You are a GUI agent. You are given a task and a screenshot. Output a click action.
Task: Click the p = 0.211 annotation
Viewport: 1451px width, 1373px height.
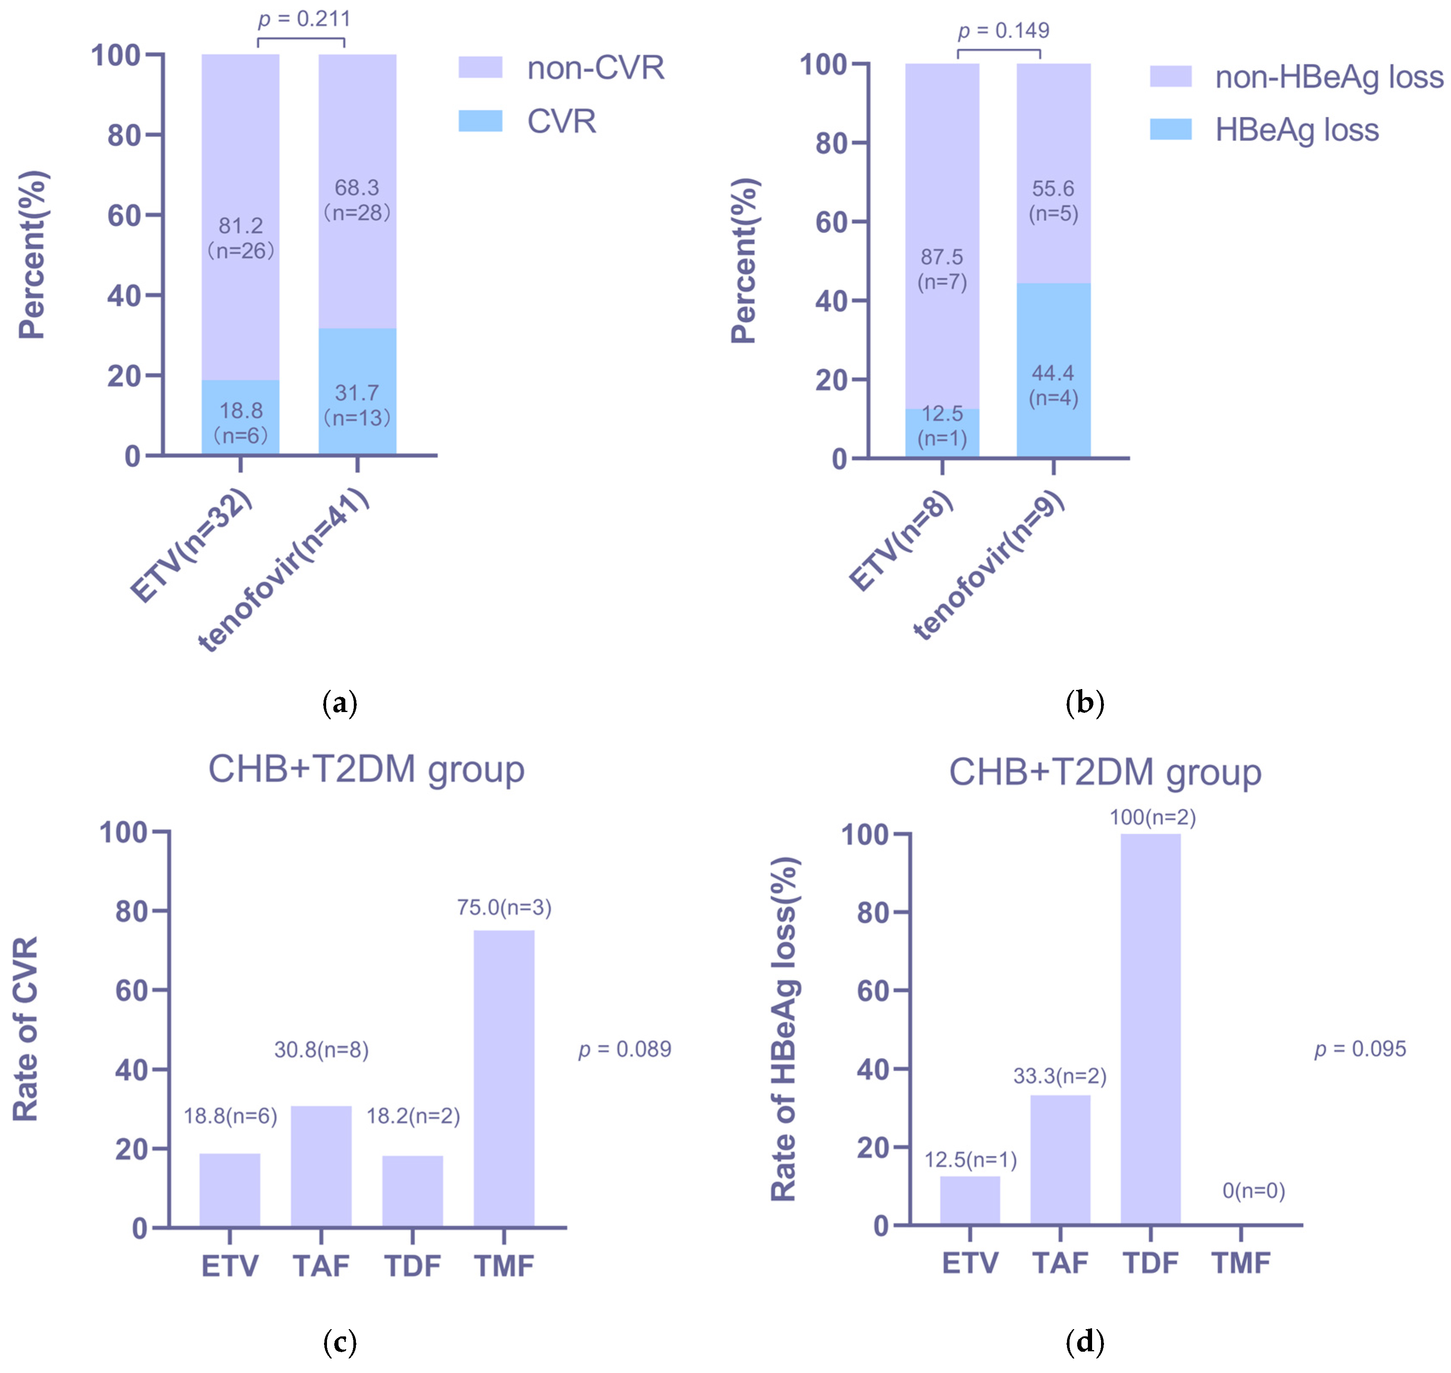pyautogui.click(x=304, y=19)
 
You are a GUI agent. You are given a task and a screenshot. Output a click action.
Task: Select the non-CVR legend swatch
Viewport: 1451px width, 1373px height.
pyautogui.click(x=480, y=67)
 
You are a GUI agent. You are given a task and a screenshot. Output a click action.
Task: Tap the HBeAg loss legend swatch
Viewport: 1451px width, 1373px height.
pyautogui.click(x=1170, y=129)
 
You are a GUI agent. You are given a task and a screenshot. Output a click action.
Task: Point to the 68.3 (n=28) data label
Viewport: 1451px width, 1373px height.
pyautogui.click(x=357, y=200)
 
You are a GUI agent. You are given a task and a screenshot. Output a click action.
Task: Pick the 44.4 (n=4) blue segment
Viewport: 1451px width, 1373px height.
pyautogui.click(x=1053, y=370)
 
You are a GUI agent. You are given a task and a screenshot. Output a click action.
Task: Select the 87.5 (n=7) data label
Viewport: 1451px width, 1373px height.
pyautogui.click(x=942, y=269)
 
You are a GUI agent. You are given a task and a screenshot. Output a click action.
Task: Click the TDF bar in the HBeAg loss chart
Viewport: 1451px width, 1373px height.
pyautogui.click(x=1150, y=1029)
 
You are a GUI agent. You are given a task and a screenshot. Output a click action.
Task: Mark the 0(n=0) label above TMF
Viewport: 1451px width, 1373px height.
pyautogui.click(x=1253, y=1191)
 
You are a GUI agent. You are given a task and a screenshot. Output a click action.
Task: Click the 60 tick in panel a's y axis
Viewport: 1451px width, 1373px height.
pyautogui.click(x=124, y=215)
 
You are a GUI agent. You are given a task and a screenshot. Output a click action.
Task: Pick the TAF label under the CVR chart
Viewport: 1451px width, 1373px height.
pyautogui.click(x=321, y=1266)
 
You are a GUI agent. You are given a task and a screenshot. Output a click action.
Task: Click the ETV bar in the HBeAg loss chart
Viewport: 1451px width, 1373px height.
pyautogui.click(x=969, y=1200)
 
